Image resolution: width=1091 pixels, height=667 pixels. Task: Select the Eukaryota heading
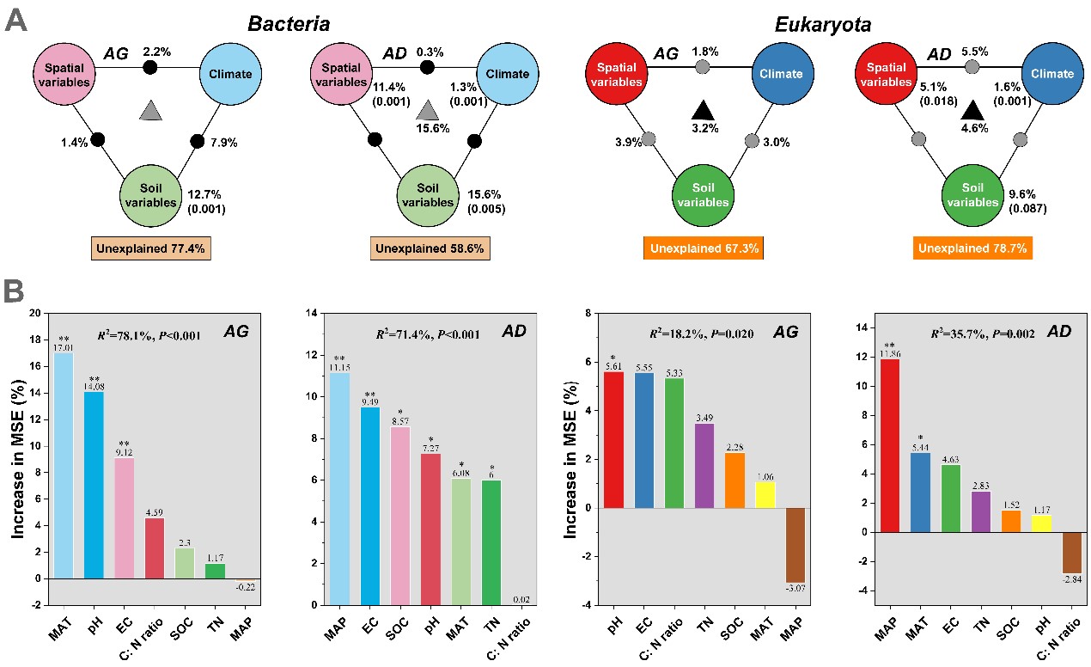pyautogui.click(x=821, y=24)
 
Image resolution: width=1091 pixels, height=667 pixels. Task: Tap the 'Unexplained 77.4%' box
pyautogui.click(x=151, y=249)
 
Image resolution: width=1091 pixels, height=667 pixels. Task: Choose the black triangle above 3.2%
pyautogui.click(x=703, y=110)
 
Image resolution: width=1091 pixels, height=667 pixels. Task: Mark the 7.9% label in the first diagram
pyautogui.click(x=223, y=144)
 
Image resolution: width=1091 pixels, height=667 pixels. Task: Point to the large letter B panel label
pyautogui.click(x=18, y=292)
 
